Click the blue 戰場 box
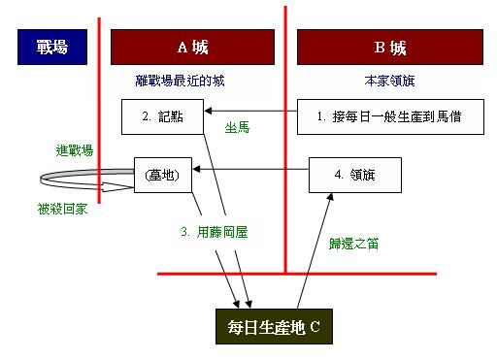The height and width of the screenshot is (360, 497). [50, 46]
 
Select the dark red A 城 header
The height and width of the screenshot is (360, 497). [194, 46]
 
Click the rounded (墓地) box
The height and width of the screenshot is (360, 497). [161, 175]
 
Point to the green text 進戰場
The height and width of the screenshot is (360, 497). [75, 149]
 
